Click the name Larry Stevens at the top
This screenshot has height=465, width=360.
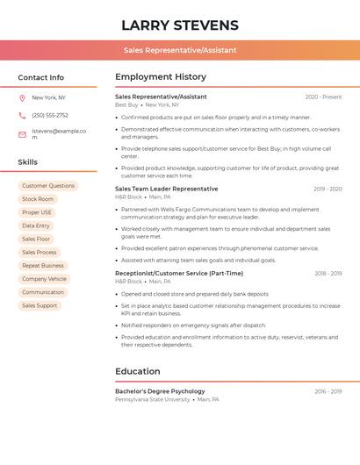pos(180,25)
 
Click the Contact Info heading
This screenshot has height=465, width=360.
pos(40,77)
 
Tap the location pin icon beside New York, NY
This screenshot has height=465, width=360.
pos(22,97)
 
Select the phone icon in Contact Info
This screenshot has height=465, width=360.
pos(22,115)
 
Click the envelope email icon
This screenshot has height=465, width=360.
pos(22,134)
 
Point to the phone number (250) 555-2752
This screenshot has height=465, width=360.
pos(50,115)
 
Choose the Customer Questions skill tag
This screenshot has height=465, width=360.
pos(48,186)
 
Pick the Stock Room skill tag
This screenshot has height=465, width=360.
pos(38,199)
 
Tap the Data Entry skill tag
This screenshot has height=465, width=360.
pos(36,225)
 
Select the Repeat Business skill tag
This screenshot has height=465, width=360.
pos(43,265)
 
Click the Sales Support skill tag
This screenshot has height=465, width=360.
pos(40,305)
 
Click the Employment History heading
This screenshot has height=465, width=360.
pos(161,77)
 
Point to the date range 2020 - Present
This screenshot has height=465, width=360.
pos(323,97)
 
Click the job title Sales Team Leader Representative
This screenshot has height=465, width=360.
pos(166,189)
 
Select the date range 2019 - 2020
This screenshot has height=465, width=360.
pos(328,189)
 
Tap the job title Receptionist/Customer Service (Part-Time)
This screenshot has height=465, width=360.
pos(179,273)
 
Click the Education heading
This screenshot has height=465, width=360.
pos(137,371)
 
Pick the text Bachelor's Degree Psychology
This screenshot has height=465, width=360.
pos(160,391)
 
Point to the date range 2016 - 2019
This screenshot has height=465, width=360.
pos(328,391)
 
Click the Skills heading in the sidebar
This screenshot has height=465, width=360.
pos(27,162)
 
